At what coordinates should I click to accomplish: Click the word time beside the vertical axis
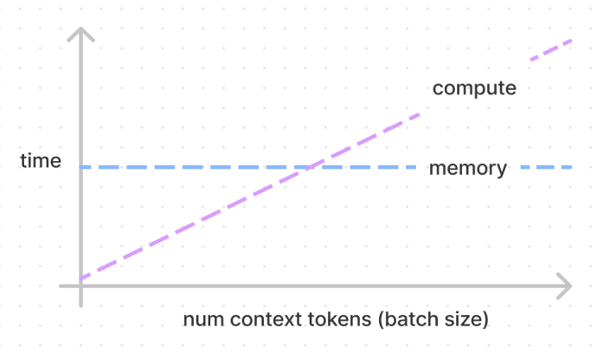41,161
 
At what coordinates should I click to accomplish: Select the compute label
474,88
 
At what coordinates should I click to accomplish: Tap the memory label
468,169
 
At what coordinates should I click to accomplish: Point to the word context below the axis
266,320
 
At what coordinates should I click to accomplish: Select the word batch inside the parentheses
409,319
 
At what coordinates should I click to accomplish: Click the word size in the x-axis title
462,319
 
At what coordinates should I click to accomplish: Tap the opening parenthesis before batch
382,320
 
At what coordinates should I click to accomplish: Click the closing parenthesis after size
485,320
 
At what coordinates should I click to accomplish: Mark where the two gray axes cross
80,286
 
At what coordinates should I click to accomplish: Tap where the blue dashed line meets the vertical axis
80,167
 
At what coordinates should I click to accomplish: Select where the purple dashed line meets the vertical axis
80,279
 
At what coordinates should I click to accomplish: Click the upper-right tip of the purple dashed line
571,41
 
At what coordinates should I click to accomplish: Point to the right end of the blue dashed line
571,167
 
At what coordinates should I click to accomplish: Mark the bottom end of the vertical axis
80,306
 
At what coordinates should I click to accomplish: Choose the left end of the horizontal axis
61,286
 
